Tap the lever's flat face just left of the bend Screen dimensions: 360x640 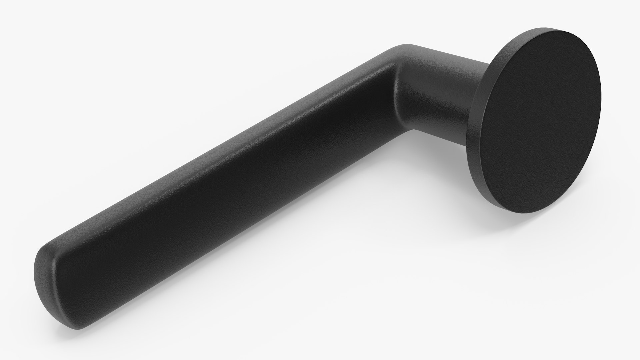373,110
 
